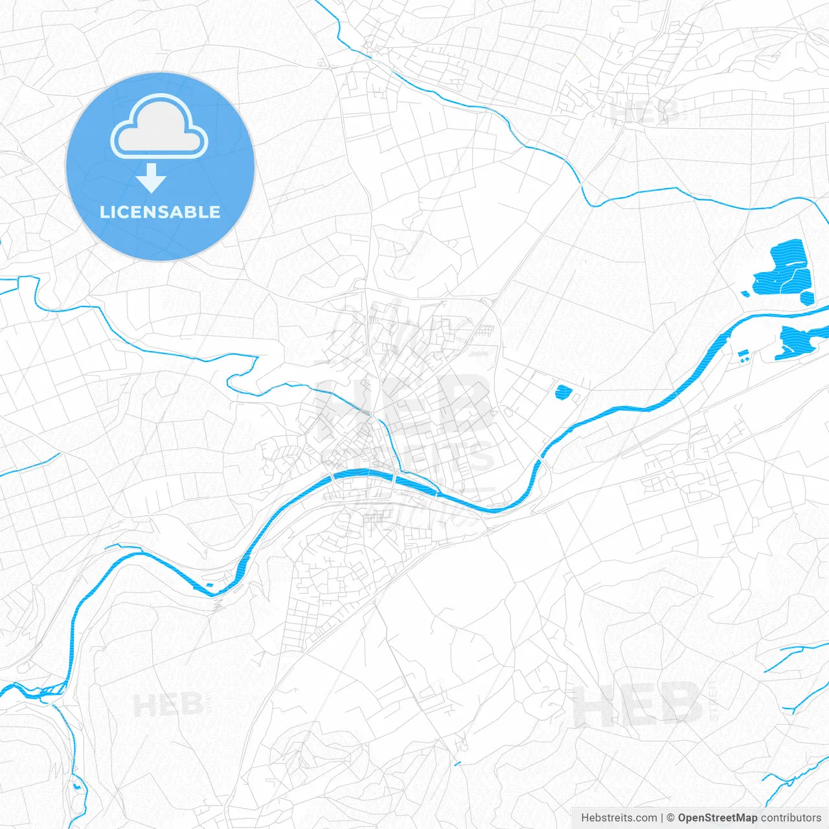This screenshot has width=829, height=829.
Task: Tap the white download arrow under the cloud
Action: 152,178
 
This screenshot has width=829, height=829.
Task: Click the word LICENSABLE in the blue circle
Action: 160,212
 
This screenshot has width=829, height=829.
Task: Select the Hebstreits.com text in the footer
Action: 619,818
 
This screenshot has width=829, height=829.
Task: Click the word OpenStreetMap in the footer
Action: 718,818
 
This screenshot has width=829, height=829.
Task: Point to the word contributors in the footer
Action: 791,818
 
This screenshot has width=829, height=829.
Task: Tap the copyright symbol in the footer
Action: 671,818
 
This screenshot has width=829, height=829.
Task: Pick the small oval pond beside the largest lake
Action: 807,297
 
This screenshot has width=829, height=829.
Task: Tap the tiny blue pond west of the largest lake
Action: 745,293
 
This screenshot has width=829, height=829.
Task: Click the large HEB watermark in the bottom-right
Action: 638,705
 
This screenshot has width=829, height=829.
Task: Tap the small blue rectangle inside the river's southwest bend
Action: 209,585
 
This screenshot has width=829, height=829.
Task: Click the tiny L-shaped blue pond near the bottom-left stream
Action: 78,786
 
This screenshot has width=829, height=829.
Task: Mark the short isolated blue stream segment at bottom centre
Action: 457,763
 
